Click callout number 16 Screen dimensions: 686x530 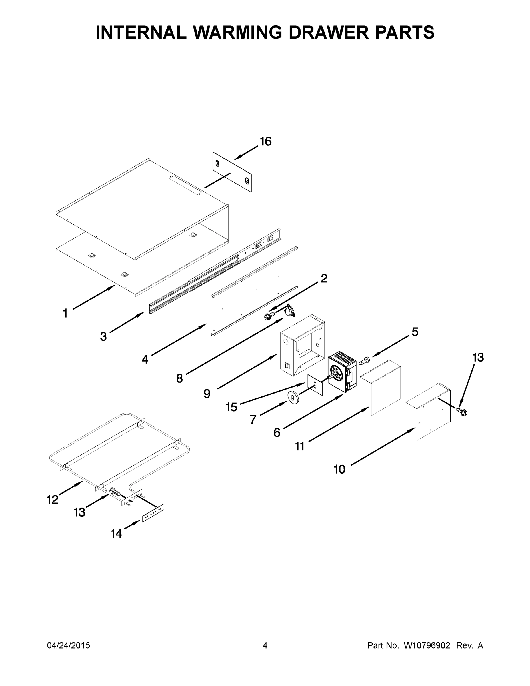266,142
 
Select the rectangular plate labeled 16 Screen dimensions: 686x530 232,172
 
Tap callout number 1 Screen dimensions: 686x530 65,313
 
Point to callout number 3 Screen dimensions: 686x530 103,337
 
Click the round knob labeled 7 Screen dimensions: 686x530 292,398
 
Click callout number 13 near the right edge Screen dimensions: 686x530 478,358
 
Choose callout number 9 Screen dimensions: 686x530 207,394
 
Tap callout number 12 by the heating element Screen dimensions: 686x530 53,500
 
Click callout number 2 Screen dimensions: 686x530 324,278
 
